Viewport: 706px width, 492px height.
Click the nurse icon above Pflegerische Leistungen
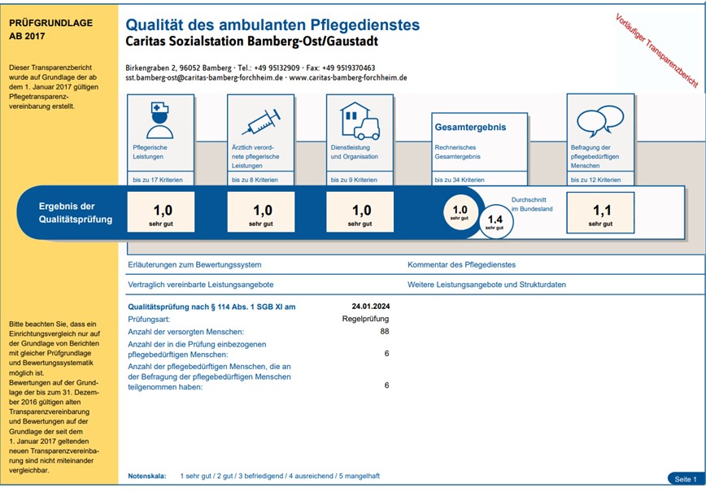160,120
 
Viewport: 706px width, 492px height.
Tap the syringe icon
261,121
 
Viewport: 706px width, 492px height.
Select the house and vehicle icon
360,120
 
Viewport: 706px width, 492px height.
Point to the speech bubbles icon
600,120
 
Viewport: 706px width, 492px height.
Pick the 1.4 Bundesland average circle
495,221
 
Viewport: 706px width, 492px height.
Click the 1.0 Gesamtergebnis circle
460,212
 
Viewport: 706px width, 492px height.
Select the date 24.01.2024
371,307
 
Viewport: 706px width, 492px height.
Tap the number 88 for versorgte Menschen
385,331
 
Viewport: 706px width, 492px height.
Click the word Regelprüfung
366,319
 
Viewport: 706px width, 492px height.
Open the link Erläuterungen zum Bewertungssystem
194,264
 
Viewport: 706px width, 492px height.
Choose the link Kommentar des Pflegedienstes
461,264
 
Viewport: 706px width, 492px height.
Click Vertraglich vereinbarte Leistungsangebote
201,285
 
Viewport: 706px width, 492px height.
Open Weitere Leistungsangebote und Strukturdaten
486,285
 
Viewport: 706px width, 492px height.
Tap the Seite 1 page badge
686,479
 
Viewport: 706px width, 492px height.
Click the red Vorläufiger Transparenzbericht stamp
656,50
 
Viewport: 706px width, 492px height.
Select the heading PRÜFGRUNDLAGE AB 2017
51,29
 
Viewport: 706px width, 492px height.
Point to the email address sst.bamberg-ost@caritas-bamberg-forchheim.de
204,77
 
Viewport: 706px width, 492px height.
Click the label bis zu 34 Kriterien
460,180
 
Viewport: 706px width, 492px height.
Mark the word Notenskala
147,476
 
